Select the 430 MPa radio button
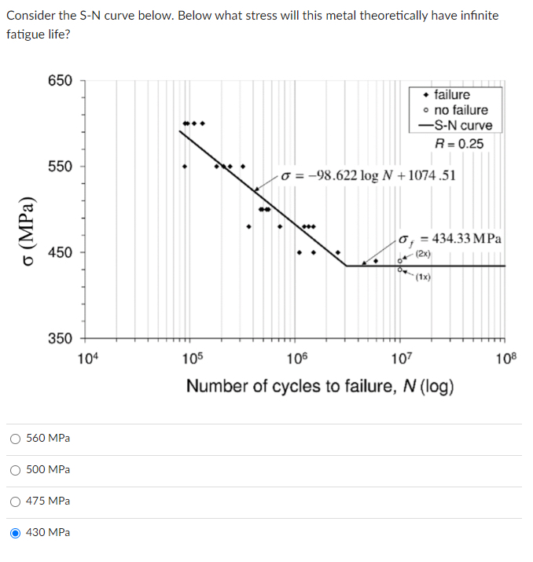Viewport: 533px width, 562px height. click(x=17, y=532)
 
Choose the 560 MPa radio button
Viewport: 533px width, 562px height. click(x=17, y=438)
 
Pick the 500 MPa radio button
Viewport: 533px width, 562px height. click(x=17, y=469)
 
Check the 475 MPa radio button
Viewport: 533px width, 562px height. click(x=17, y=501)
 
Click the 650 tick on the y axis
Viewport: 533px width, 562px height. click(x=60, y=81)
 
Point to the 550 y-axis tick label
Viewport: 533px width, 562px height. click(x=60, y=167)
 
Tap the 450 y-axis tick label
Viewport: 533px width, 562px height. click(x=60, y=252)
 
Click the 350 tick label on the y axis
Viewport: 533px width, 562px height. click(x=60, y=338)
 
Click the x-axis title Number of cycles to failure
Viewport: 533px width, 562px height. click(x=319, y=387)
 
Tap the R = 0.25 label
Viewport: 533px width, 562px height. click(x=460, y=143)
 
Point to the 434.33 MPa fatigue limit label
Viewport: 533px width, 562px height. click(x=451, y=238)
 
